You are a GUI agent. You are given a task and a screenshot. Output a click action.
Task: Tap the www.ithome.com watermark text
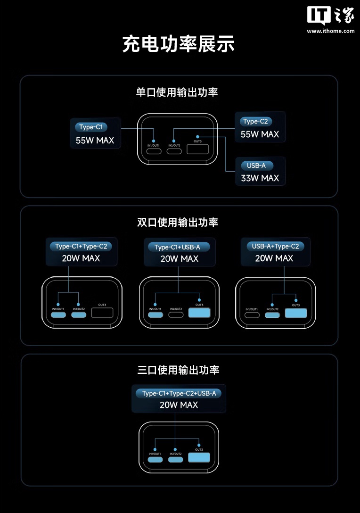click(x=330, y=31)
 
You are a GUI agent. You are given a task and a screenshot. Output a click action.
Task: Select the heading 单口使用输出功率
click(x=177, y=92)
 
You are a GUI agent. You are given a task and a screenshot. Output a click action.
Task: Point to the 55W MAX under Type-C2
click(x=260, y=134)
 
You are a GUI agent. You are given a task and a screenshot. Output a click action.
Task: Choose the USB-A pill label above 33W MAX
click(x=256, y=165)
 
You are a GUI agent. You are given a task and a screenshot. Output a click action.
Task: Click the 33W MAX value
click(x=260, y=178)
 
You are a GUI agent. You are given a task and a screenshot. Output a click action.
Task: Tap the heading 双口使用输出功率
click(x=178, y=222)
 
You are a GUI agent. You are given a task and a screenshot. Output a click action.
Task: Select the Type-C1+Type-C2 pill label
click(x=81, y=246)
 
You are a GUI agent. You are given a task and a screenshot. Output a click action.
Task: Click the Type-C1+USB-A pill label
click(x=178, y=247)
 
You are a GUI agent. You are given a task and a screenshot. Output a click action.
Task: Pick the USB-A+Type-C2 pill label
click(x=275, y=246)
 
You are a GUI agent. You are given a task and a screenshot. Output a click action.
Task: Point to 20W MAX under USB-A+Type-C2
click(x=274, y=258)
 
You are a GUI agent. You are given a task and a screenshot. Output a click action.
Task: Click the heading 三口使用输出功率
click(x=179, y=370)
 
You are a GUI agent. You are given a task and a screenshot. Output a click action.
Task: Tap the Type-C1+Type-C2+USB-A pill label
click(x=179, y=393)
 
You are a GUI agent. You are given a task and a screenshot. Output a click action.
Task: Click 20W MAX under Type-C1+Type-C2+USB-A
click(x=179, y=405)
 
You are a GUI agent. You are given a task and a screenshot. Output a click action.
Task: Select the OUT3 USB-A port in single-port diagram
click(x=198, y=149)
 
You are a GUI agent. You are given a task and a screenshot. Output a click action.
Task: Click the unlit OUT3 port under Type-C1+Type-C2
click(x=103, y=313)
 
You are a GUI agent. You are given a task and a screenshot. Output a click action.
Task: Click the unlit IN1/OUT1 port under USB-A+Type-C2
click(x=252, y=314)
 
